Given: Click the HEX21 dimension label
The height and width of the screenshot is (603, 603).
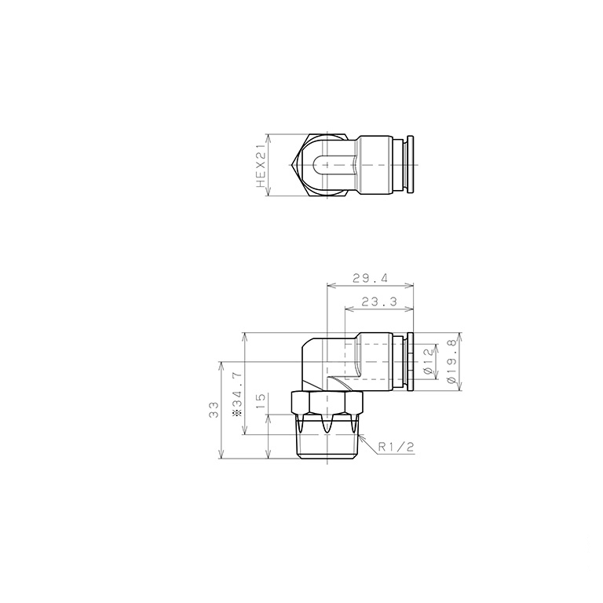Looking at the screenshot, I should click(261, 165).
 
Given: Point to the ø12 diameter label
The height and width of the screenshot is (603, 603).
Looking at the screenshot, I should click(428, 360).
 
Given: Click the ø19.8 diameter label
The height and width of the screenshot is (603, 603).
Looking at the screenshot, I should click(451, 361).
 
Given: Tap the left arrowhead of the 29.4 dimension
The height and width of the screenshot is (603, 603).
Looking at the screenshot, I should click(329, 285).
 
